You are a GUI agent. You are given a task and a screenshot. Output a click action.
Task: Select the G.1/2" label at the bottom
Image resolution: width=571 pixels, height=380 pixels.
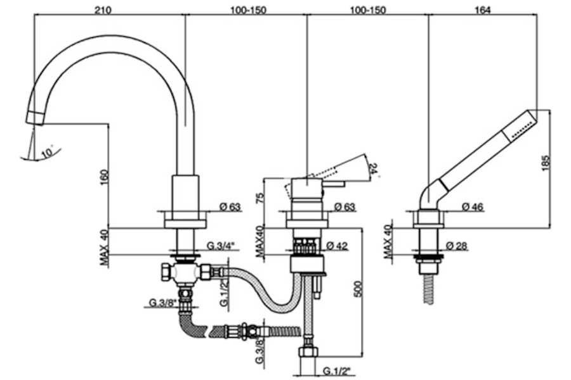[x=335, y=370]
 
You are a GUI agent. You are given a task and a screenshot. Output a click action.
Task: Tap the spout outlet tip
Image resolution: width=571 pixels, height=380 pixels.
[x=34, y=118]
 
